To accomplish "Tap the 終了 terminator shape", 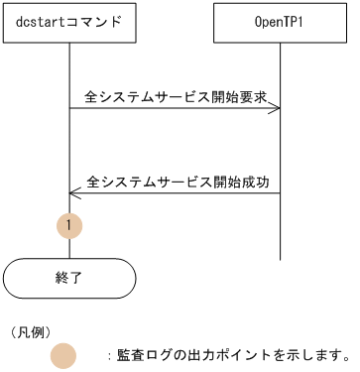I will coord(68,279).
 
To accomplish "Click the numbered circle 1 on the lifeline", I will coord(68,226).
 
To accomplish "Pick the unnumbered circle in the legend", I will coord(63,355).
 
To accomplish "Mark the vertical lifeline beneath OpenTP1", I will coord(280,149).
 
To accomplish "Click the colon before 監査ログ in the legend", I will coord(108,355).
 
